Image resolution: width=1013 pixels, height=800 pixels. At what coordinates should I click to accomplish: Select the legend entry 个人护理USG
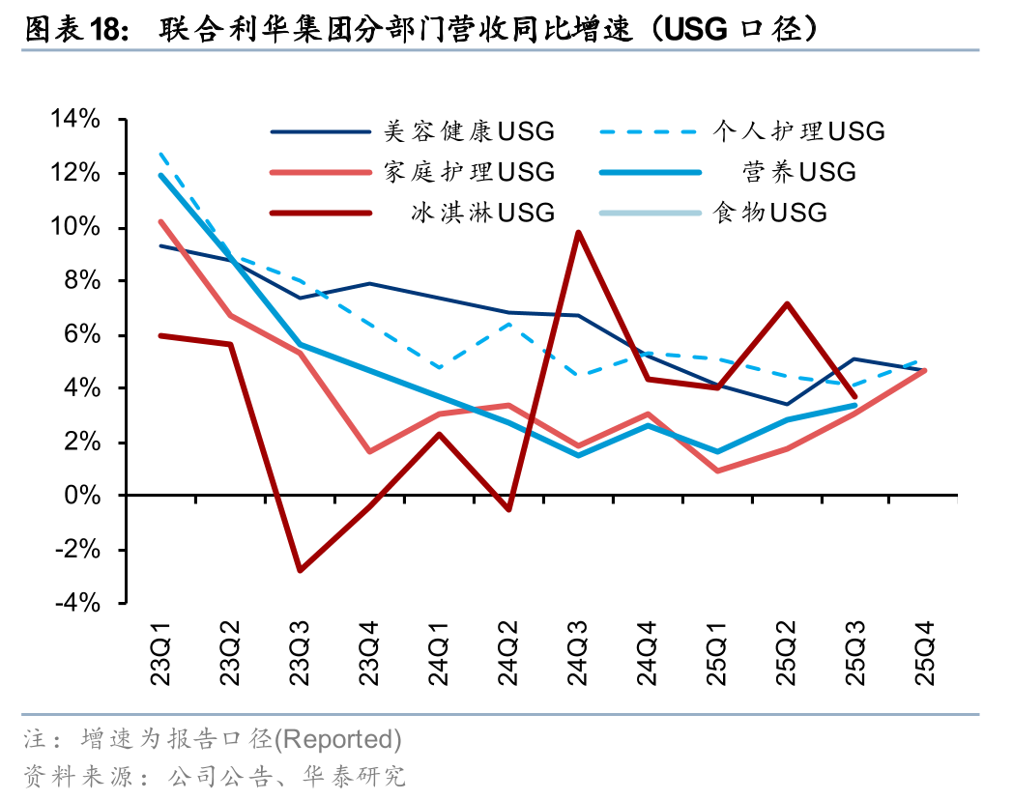tap(798, 131)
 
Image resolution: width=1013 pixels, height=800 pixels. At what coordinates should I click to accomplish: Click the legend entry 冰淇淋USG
tap(480, 213)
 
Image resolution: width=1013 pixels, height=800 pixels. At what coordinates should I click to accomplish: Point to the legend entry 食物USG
tap(769, 213)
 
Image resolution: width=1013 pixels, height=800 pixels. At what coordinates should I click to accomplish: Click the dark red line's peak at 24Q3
tap(577, 232)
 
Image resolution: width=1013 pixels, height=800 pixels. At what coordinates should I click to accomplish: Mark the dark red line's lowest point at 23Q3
tap(300, 570)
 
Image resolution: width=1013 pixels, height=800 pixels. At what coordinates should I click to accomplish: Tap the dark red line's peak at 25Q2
tap(787, 303)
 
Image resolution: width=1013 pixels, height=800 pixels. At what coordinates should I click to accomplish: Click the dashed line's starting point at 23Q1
tap(160, 154)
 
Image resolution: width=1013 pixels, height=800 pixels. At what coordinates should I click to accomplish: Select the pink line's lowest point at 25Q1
tap(717, 471)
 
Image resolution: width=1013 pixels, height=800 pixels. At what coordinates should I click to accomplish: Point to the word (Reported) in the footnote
tap(339, 740)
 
